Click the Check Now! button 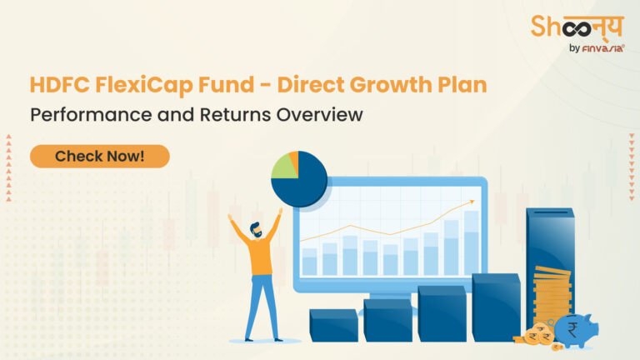click(99, 156)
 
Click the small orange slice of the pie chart click(293, 158)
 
